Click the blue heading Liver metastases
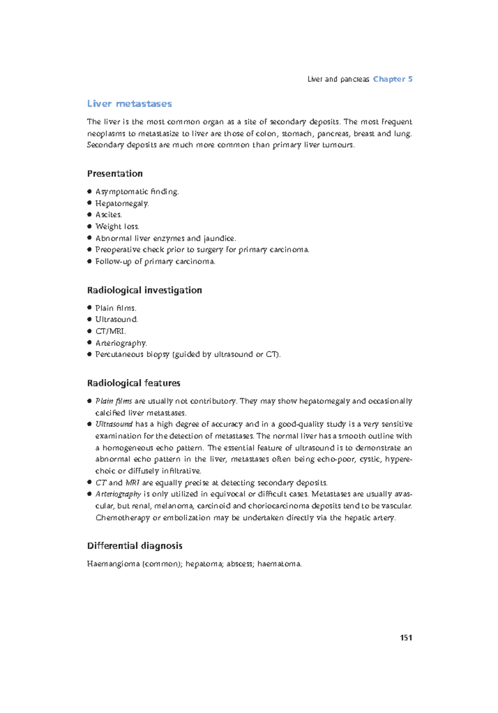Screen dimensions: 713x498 (x=129, y=103)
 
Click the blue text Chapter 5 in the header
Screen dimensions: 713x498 (x=393, y=79)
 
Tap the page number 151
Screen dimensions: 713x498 (x=405, y=637)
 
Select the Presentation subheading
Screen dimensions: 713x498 (x=115, y=174)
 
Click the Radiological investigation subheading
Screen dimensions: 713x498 (x=144, y=290)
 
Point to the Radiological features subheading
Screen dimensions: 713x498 (x=133, y=383)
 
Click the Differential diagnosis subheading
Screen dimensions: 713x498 (x=134, y=546)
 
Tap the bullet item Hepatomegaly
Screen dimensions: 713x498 (x=122, y=203)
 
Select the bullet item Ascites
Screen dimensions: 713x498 (x=108, y=215)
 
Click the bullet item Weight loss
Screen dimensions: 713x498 (x=117, y=226)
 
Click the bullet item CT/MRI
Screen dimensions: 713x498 (x=110, y=331)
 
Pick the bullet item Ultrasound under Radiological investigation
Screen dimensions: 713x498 (x=116, y=320)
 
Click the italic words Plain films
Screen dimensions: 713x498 (x=113, y=401)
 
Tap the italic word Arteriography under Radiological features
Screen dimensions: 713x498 (x=118, y=494)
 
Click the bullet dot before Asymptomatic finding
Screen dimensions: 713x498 (x=89, y=192)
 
